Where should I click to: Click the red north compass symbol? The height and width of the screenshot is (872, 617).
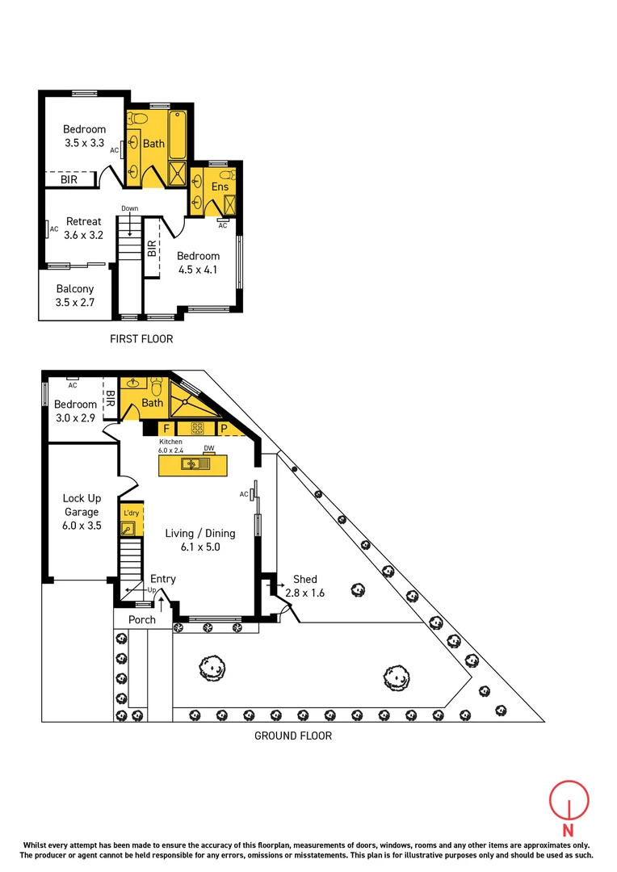tap(569, 804)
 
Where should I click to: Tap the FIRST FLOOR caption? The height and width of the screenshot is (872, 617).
tap(141, 339)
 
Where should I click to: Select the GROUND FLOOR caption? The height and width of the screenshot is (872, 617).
tap(293, 736)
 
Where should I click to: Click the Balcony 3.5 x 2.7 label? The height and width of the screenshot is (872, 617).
tap(75, 296)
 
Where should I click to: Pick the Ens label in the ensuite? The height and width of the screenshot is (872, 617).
tap(220, 187)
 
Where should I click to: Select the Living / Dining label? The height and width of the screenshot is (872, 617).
tap(200, 533)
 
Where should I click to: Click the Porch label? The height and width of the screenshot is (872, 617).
tap(142, 620)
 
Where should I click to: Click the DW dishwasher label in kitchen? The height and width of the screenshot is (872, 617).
tap(208, 448)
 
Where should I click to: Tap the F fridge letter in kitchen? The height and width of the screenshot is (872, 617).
tap(166, 428)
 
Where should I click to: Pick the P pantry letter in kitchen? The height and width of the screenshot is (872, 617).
tap(225, 428)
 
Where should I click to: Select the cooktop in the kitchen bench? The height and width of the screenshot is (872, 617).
tap(196, 428)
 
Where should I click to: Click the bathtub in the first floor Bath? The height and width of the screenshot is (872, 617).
tap(178, 133)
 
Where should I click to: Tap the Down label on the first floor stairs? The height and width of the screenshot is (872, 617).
tap(130, 208)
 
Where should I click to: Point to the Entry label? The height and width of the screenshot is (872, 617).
tap(163, 579)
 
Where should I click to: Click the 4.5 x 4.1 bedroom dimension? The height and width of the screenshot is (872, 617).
tap(199, 270)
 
